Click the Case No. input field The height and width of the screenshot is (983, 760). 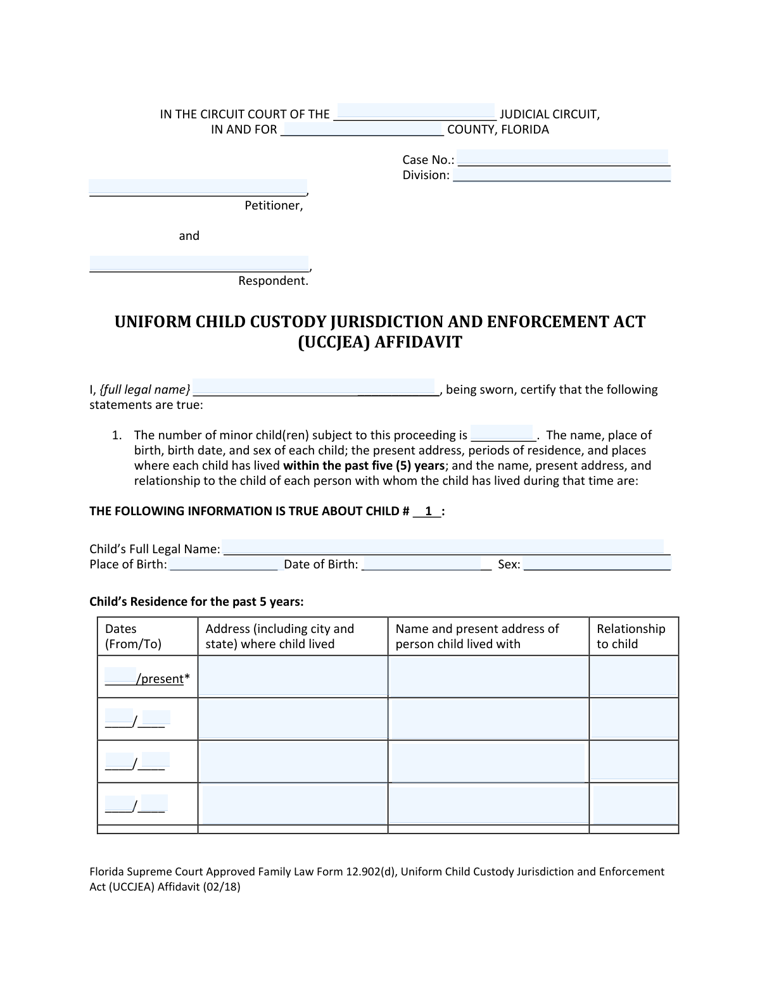click(562, 158)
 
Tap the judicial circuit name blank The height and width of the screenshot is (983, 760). click(415, 112)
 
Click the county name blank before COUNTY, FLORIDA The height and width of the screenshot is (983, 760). click(362, 129)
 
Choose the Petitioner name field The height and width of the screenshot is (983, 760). click(198, 188)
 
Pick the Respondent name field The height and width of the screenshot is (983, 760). click(199, 264)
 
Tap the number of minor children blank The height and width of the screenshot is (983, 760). click(502, 434)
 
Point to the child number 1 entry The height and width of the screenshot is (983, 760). click(428, 511)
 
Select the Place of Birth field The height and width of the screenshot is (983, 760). click(224, 564)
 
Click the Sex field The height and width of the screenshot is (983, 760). click(597, 564)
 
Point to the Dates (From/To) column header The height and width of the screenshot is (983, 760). click(133, 636)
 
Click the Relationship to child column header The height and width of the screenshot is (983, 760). click(631, 636)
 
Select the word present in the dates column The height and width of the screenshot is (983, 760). click(162, 679)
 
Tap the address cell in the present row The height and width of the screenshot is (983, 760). click(293, 677)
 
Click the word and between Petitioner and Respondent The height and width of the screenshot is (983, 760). click(189, 235)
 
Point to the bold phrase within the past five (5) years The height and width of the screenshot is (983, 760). click(364, 465)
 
